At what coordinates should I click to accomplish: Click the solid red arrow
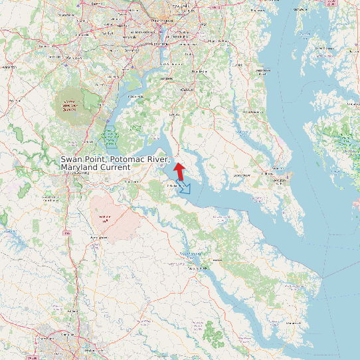pos(179,169)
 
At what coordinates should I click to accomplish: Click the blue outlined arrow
pos(184,188)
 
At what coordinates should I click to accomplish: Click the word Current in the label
pos(116,167)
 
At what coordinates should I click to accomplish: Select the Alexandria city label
pos(159,43)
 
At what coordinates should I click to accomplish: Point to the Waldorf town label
pos(188,89)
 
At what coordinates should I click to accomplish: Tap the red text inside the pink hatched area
pos(104,218)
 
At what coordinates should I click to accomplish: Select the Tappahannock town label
pos(197,268)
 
